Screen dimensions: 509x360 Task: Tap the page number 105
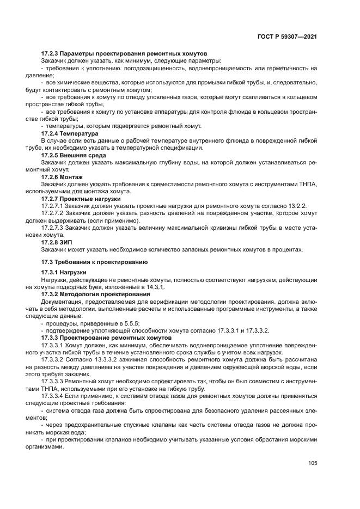tap(312, 463)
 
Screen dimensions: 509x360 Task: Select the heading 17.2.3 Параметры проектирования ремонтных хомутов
tap(124, 53)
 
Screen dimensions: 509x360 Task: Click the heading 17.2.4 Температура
tap(70, 133)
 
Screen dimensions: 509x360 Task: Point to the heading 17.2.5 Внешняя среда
tap(74, 155)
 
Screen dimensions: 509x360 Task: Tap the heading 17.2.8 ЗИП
tap(57, 242)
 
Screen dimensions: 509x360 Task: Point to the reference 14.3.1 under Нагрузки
tap(155, 286)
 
